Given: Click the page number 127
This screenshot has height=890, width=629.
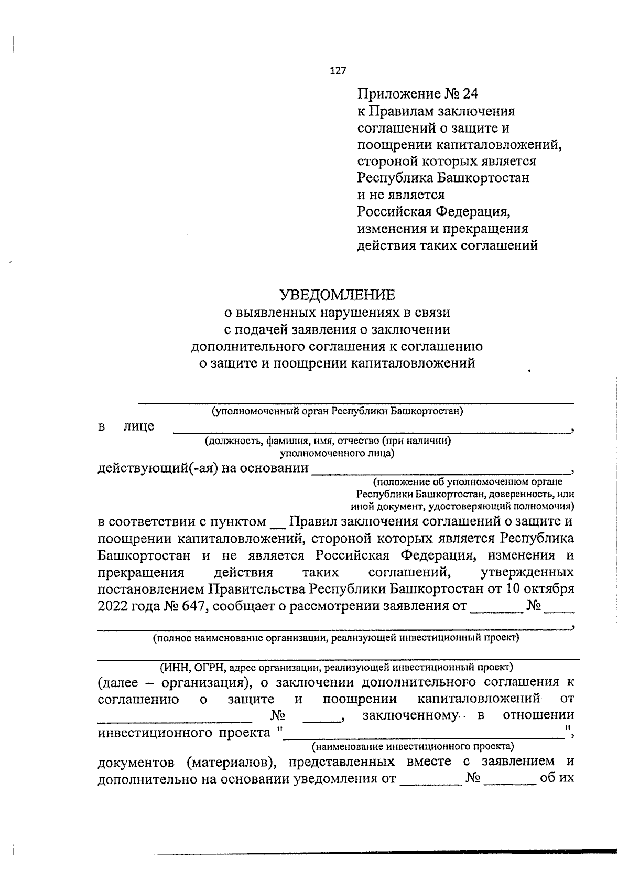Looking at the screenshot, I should tap(338, 71).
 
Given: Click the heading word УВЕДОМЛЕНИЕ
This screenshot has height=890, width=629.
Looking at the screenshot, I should tap(337, 295).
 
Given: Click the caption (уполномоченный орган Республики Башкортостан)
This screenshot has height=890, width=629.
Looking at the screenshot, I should tap(337, 411).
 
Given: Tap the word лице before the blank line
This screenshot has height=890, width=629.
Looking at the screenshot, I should tap(139, 426).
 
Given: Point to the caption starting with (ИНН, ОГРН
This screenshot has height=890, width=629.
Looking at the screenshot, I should tap(336, 667).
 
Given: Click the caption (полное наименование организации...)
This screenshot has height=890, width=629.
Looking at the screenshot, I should tap(336, 638).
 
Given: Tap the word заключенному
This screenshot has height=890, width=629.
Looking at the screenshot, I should tap(410, 715).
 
